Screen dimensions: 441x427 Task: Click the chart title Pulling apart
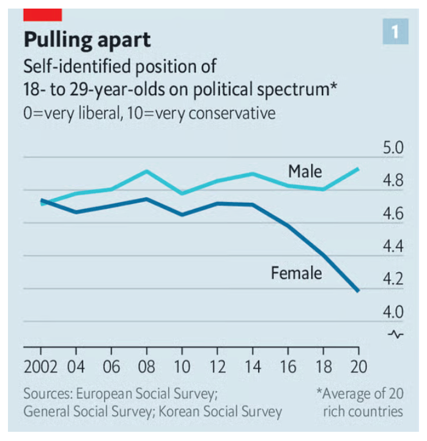[x=87, y=40]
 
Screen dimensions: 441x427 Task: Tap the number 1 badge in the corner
[x=395, y=32]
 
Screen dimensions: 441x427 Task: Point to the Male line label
[x=305, y=171]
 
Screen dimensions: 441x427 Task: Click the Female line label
[x=296, y=273]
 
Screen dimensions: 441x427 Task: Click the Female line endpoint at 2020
[x=357, y=290]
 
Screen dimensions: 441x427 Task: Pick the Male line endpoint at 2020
[x=357, y=168]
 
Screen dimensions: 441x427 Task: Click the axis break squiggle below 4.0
[x=396, y=334]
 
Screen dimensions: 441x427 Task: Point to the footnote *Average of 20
[x=359, y=393]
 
